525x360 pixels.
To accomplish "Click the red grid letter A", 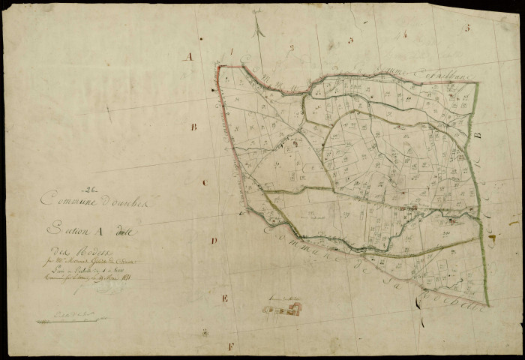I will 190,56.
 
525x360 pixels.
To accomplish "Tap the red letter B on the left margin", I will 193,127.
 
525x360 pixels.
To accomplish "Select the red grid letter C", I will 204,182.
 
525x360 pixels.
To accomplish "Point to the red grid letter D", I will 214,241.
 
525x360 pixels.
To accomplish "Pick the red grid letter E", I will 223,298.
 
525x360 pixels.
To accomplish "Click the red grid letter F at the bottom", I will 231,346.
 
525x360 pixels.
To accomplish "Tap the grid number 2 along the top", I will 292,46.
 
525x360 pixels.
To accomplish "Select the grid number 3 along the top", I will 350,40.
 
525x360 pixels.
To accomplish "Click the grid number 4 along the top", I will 404,34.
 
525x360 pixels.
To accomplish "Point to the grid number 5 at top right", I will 466,28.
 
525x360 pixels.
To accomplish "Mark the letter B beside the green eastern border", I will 475,136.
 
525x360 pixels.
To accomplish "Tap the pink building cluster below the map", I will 284,309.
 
